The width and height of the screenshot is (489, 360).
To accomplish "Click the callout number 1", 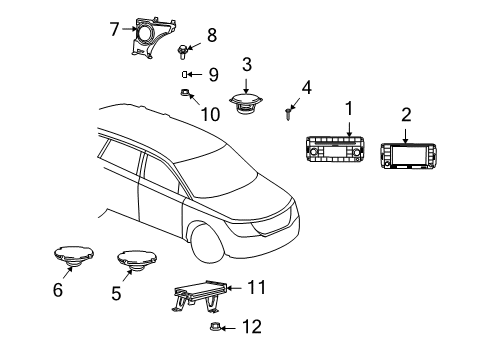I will click(x=349, y=108).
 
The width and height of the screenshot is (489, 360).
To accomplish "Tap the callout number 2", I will click(x=406, y=116).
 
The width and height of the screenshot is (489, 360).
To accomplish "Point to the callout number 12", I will click(x=252, y=327).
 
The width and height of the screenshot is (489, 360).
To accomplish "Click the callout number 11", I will click(x=256, y=288).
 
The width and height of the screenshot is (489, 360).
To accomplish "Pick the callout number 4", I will click(x=307, y=88).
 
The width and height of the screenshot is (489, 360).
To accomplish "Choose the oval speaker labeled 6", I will click(x=72, y=259).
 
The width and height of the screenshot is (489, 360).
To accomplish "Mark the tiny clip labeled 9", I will click(x=185, y=74).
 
